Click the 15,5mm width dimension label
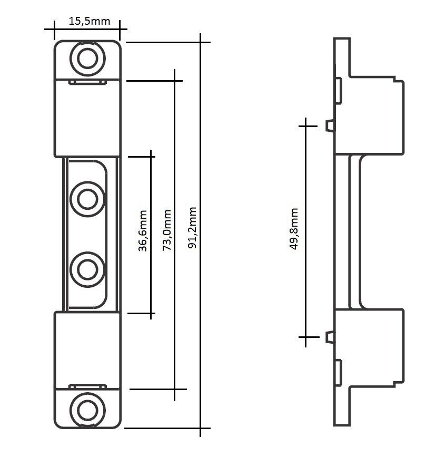click(x=89, y=21)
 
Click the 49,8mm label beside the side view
click(x=294, y=229)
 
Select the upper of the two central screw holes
click(x=87, y=199)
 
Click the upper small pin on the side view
click(x=330, y=125)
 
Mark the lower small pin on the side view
click(x=330, y=336)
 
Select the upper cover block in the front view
click(x=87, y=119)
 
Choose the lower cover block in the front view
click(x=87, y=348)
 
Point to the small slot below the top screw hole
click(x=87, y=82)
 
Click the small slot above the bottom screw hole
click(x=87, y=387)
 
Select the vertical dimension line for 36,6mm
click(x=152, y=185)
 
